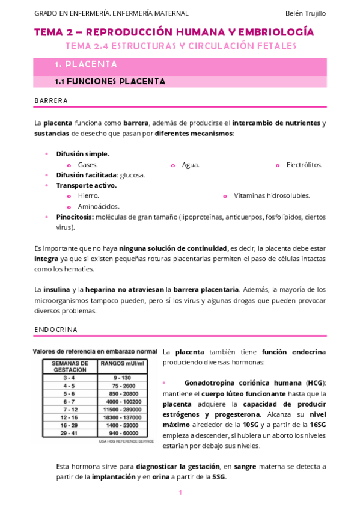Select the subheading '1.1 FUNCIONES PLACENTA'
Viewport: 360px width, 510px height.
click(x=110, y=81)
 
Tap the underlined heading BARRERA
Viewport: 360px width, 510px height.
click(x=51, y=100)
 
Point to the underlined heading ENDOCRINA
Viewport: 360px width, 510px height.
click(x=56, y=330)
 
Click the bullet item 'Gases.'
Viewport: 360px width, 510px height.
click(x=88, y=164)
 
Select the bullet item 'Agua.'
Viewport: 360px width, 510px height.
click(x=191, y=164)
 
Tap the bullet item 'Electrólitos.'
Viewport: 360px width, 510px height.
click(x=304, y=164)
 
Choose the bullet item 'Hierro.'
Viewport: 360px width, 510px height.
click(x=88, y=195)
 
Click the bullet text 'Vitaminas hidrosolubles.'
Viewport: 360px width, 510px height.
click(x=272, y=195)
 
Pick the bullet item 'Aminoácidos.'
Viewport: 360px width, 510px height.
click(x=99, y=206)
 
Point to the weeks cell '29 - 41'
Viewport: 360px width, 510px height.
click(x=70, y=432)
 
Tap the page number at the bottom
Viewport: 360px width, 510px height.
click(x=180, y=493)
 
